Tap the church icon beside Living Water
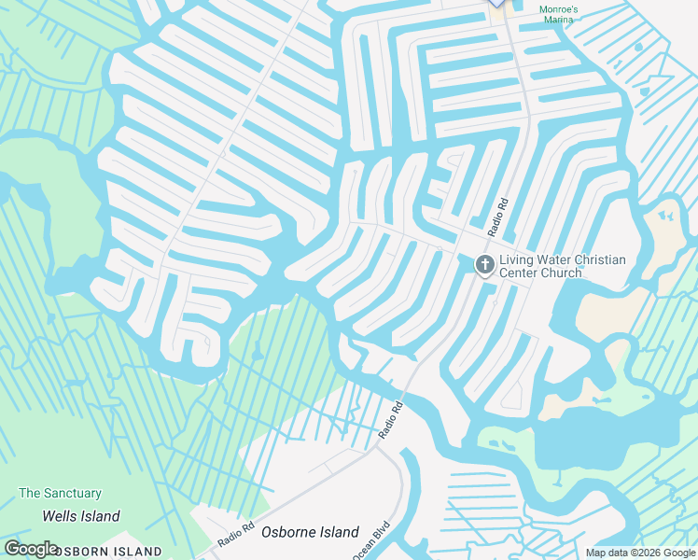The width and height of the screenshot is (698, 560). [484, 265]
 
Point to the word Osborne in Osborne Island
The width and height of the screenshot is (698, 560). [291, 532]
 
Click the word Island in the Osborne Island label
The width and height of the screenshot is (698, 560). [341, 532]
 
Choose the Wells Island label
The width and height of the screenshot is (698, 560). [81, 516]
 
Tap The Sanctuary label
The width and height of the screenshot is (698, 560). [60, 493]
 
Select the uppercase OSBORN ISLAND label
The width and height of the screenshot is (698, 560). [107, 552]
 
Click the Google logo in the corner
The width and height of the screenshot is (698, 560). [31, 549]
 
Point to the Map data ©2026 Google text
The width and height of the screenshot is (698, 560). [640, 553]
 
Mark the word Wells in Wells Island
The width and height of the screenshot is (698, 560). [60, 516]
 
